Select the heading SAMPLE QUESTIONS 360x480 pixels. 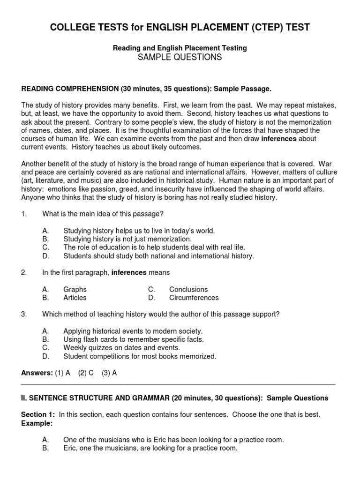(x=180, y=57)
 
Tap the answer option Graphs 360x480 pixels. (x=75, y=289)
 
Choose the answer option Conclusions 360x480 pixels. (x=188, y=289)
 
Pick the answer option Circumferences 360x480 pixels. (x=194, y=298)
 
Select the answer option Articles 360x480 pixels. (x=75, y=298)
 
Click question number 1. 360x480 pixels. (x=24, y=214)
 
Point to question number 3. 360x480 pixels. (x=24, y=314)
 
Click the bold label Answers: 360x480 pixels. (x=37, y=373)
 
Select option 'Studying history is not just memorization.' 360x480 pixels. (x=127, y=239)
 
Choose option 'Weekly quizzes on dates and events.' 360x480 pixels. (x=121, y=347)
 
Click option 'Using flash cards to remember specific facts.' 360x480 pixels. (x=134, y=339)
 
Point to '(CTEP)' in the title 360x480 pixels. (x=270, y=28)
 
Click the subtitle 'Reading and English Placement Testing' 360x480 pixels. (x=180, y=48)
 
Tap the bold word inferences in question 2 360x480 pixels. (x=129, y=272)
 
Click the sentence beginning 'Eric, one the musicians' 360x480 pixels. (x=150, y=448)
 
